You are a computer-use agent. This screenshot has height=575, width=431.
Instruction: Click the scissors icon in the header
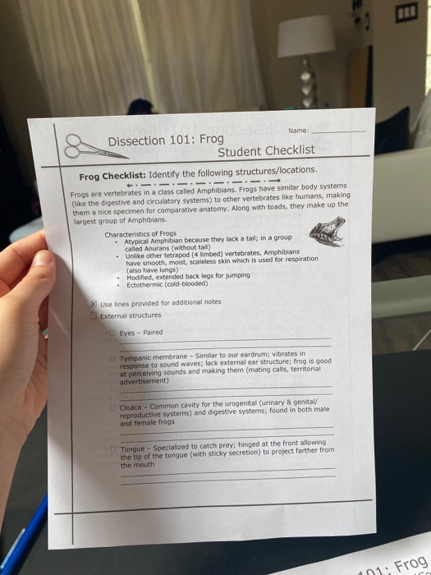[85, 148]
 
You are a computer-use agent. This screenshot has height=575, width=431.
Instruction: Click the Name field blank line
[339, 131]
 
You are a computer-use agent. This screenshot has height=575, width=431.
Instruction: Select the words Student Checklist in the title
[266, 150]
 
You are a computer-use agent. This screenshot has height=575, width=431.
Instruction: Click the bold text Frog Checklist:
[112, 177]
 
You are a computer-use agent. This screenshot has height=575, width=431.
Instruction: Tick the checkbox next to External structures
[94, 315]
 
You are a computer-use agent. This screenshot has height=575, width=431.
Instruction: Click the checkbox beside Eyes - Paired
[113, 333]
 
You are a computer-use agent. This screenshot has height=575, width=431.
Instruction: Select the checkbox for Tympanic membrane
[113, 359]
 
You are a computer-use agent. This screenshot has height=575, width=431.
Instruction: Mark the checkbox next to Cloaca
[114, 407]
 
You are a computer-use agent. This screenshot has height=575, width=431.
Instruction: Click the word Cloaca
[131, 407]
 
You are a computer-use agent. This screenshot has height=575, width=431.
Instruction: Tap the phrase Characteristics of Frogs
[140, 234]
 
